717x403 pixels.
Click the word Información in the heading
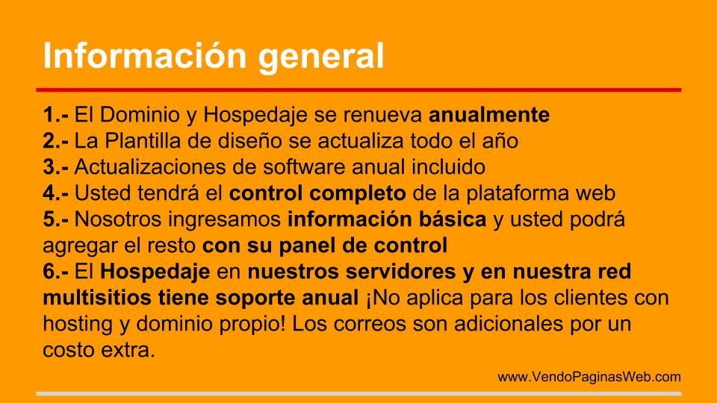coord(145,56)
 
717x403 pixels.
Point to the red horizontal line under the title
coord(358,90)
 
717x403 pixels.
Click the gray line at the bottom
coord(358,393)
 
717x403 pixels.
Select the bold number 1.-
coord(56,115)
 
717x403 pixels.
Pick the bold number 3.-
coord(56,167)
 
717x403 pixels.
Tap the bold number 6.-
coord(56,272)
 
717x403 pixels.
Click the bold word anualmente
coord(488,115)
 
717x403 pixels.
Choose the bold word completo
coord(358,194)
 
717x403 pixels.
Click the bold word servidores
coord(400,272)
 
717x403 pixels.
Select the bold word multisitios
coord(97,299)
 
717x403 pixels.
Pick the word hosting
coord(78,325)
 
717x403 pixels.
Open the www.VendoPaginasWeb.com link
coord(589,377)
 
